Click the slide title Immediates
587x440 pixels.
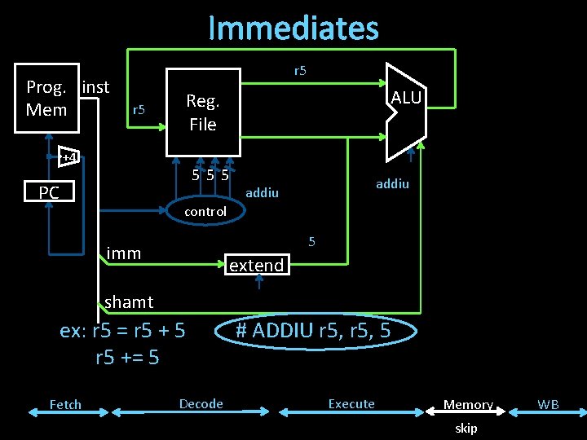click(x=293, y=28)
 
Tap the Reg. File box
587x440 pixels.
click(x=203, y=112)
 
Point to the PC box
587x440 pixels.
click(x=49, y=193)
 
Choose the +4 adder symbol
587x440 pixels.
click(x=69, y=156)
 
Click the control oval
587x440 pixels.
click(x=205, y=211)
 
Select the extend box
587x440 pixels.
click(x=257, y=265)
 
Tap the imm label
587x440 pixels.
click(x=124, y=253)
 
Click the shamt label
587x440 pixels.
click(x=129, y=302)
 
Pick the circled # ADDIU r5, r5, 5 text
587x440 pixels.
click(x=313, y=331)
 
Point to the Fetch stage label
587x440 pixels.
click(x=65, y=404)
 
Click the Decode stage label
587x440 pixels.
click(x=201, y=403)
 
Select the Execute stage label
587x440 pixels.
click(x=351, y=403)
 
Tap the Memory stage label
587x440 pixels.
click(x=468, y=404)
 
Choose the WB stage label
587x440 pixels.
click(x=548, y=404)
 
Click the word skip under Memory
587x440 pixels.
click(x=466, y=428)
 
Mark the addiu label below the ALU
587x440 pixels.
click(x=392, y=184)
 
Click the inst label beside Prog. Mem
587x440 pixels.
click(x=96, y=86)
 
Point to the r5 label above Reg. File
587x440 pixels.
click(x=300, y=71)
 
